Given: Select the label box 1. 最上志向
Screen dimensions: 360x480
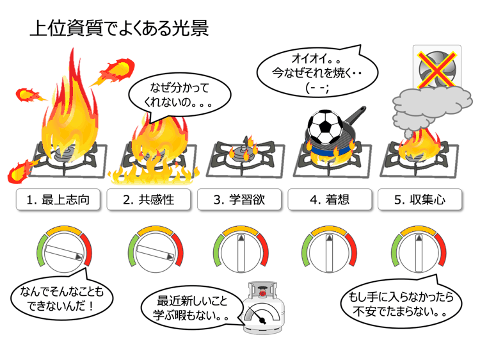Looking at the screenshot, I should (58, 199).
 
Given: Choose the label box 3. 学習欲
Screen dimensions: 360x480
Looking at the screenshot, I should (239, 199).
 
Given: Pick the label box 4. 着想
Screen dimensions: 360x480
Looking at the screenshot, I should (330, 199).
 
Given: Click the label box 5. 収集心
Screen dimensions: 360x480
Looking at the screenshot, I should (420, 199).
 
